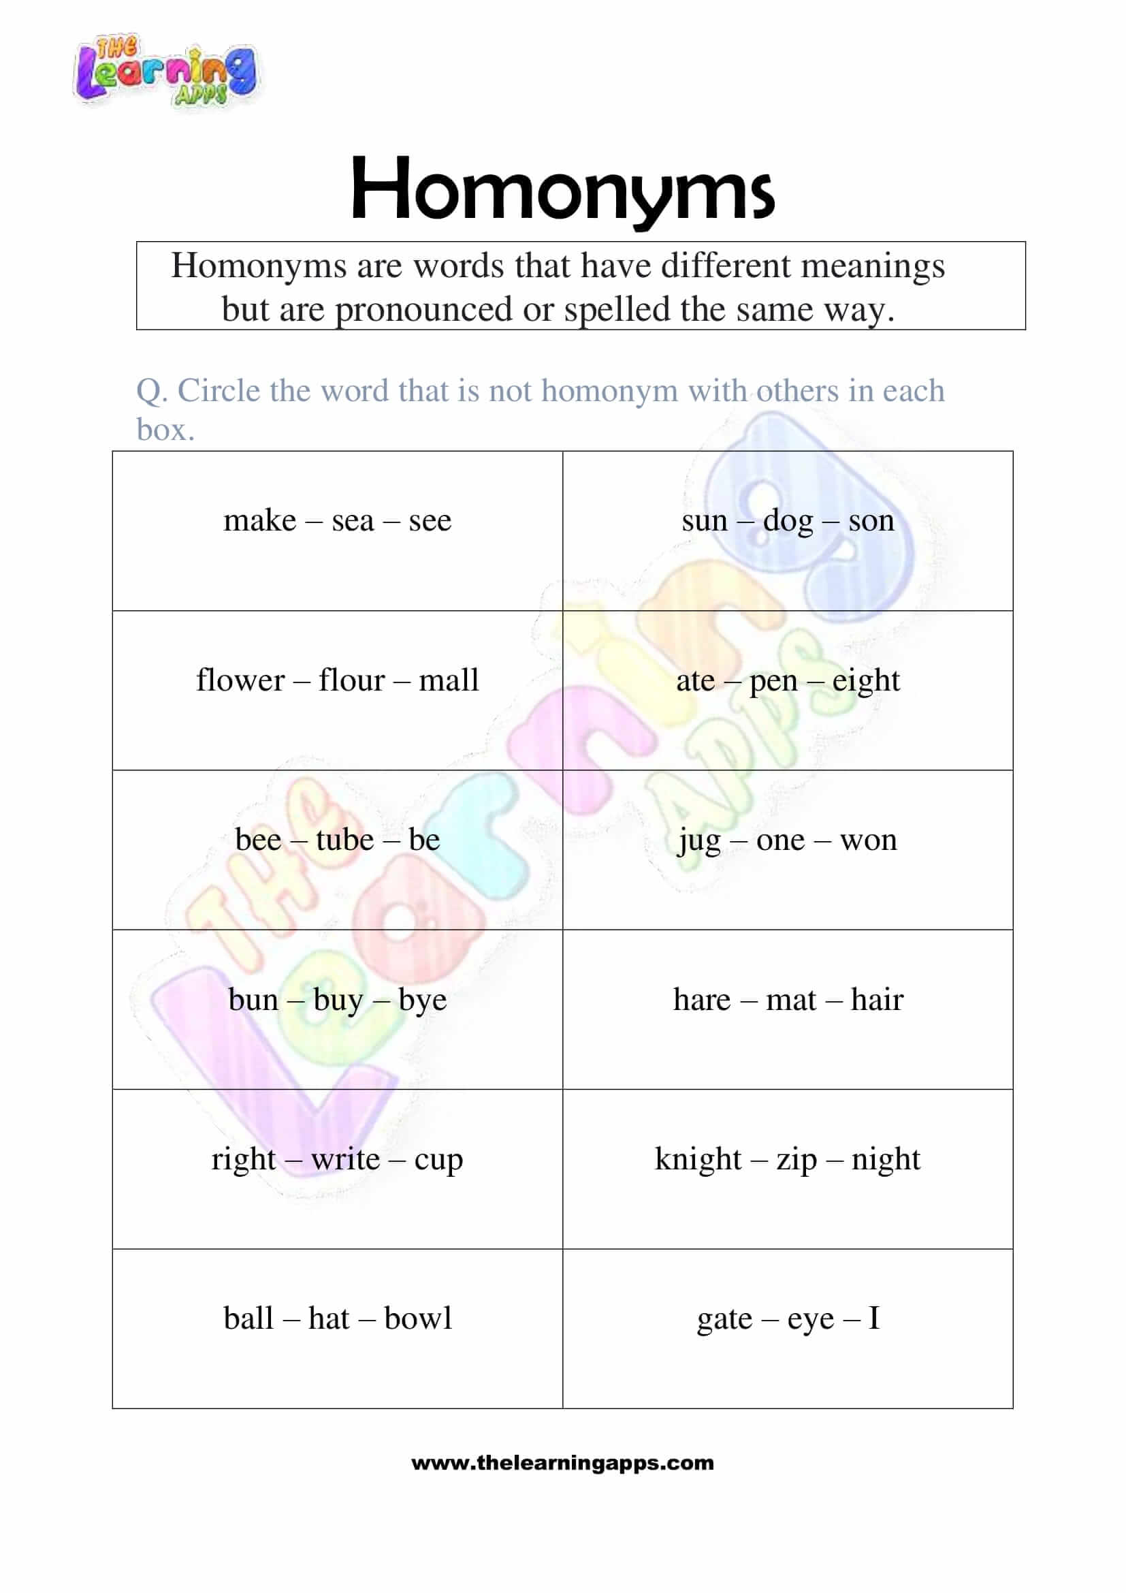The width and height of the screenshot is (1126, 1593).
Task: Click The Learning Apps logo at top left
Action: pyautogui.click(x=165, y=72)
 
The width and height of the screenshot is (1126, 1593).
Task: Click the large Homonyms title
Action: pyautogui.click(x=562, y=189)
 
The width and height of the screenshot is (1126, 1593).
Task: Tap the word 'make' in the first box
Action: pyautogui.click(x=259, y=521)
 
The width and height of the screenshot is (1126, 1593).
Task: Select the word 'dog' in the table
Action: pyautogui.click(x=788, y=521)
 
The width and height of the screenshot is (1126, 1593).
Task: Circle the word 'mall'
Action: pyautogui.click(x=449, y=680)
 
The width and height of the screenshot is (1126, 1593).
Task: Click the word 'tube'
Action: pyautogui.click(x=344, y=840)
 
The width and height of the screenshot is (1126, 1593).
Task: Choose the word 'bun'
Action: pyautogui.click(x=253, y=1000)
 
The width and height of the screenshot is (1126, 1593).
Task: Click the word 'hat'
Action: pyautogui.click(x=329, y=1319)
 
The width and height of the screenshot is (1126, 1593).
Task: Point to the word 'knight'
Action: pyautogui.click(x=698, y=1159)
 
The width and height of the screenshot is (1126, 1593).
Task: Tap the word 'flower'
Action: pyautogui.click(x=240, y=680)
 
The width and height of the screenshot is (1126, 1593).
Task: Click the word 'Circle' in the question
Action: pyautogui.click(x=219, y=391)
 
